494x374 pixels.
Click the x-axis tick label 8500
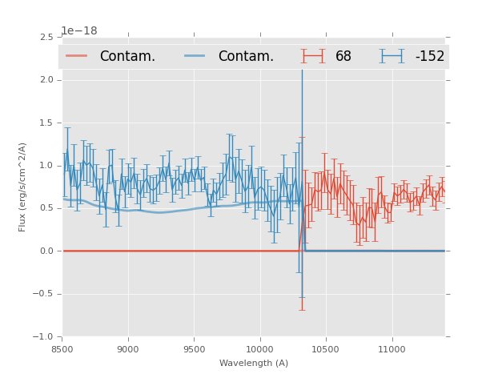point(62,349)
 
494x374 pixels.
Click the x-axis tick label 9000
point(128,349)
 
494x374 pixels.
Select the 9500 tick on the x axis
point(194,349)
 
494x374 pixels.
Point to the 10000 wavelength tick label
point(259,349)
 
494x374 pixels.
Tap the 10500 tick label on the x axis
point(326,349)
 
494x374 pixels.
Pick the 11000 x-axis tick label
point(392,349)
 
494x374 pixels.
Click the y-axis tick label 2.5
point(46,38)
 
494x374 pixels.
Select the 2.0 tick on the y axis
point(46,80)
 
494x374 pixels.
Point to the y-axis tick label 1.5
point(46,123)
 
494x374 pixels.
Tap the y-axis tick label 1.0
point(46,166)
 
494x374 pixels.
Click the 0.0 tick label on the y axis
point(46,251)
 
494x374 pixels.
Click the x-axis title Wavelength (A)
point(254,364)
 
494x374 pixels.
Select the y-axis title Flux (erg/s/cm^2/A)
point(22,187)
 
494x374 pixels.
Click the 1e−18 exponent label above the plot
point(78,31)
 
